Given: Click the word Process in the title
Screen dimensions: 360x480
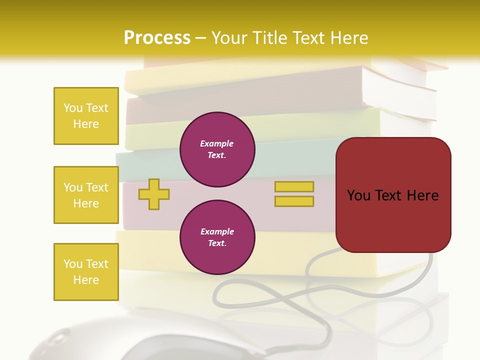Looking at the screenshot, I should (157, 37).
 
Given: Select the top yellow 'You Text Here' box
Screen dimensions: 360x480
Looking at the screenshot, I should (86, 116).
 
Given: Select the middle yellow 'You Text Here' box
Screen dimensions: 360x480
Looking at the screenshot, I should (86, 195).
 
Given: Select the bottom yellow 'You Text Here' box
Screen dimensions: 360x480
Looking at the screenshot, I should (86, 272).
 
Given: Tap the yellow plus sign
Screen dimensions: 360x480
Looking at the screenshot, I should (153, 194).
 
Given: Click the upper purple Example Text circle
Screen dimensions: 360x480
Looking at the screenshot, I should (217, 149).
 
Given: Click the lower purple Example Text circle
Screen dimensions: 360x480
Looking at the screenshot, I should (217, 237).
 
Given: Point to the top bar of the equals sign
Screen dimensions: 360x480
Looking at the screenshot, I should (294, 187).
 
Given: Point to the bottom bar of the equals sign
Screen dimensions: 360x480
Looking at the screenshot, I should (294, 201).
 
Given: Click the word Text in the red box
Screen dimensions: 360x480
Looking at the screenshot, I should (393, 195).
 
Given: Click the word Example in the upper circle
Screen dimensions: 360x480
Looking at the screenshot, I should (217, 143).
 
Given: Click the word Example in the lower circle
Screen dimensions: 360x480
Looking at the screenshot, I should (217, 231).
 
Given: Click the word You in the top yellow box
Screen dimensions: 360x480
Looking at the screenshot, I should (72, 108).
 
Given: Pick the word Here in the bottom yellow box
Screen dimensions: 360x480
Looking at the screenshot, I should (86, 280).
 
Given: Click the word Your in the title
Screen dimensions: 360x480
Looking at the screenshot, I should (230, 37).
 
